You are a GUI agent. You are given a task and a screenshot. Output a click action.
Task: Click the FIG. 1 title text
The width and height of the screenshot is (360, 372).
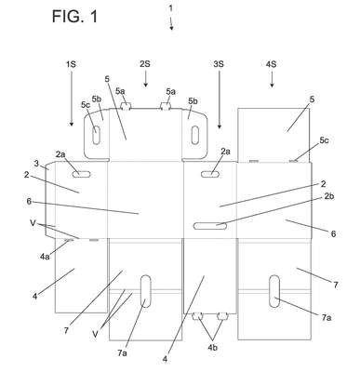tap(74, 16)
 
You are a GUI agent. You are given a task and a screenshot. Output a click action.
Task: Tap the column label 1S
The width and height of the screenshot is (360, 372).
tap(71, 64)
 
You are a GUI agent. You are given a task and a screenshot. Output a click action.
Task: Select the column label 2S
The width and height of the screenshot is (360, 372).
tap(145, 64)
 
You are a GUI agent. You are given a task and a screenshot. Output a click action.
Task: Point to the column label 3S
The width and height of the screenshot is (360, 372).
tap(219, 64)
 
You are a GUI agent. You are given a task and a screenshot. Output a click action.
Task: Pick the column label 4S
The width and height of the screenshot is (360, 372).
tap(272, 64)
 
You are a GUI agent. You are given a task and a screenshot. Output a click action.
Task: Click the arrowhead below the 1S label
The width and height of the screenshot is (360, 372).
tap(72, 124)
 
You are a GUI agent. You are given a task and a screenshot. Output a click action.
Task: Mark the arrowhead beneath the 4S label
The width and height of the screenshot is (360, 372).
tap(272, 85)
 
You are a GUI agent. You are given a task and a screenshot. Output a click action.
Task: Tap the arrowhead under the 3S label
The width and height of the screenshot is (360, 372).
tap(220, 126)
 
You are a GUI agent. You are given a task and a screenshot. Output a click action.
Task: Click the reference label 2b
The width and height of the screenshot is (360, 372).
tap(329, 196)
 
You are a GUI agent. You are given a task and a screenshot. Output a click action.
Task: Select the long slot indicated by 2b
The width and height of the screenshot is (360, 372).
tap(210, 226)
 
